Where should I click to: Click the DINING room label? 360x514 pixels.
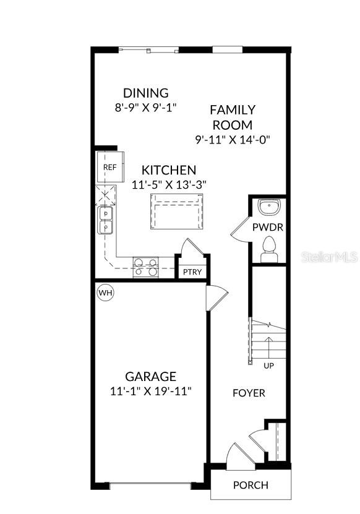coord(145,93)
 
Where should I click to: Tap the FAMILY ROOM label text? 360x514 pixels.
coord(232,117)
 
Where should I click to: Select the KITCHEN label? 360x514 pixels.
coord(169,170)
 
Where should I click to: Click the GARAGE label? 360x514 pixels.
coord(150,376)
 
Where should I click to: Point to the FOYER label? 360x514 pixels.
coord(249,393)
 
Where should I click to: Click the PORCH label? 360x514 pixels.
coord(251,485)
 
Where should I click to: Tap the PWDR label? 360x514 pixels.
coord(267,227)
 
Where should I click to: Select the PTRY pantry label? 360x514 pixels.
coord(192,272)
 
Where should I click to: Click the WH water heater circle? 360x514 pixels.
coord(105,292)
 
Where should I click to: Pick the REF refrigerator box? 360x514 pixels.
coord(109,167)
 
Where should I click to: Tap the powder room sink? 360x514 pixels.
coord(269,206)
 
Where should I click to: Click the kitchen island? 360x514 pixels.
coord(176,210)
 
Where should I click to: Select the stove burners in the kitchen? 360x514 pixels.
coord(146,267)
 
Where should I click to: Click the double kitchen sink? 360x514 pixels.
coord(105,220)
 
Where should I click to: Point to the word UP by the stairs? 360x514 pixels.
coord(269,366)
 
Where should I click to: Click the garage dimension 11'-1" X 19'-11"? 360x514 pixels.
coord(150,391)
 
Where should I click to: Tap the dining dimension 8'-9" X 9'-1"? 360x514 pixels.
coord(145,107)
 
